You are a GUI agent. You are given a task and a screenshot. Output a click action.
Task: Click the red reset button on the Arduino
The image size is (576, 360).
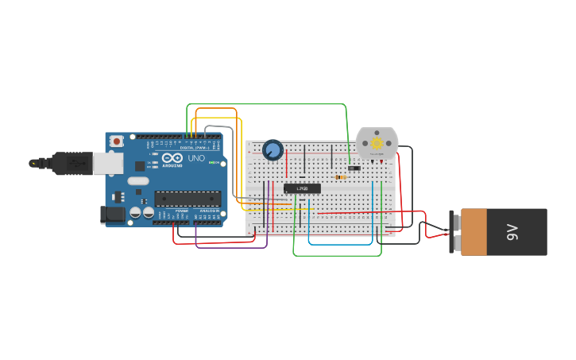(x=117, y=141)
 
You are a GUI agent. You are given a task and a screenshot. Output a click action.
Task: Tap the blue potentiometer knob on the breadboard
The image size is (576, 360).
(x=273, y=149)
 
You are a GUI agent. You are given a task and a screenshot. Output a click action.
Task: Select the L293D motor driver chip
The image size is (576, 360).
(x=303, y=188)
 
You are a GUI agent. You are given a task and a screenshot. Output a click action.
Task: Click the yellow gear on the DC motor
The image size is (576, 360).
(x=377, y=143)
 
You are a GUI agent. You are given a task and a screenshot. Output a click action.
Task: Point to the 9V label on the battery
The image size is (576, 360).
(x=512, y=232)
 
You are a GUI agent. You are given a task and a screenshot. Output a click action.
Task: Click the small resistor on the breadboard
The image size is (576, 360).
(x=341, y=177)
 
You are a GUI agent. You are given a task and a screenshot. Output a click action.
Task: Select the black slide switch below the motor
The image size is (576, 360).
(x=354, y=168)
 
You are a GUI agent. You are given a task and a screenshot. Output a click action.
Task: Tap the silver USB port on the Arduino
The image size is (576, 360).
(x=108, y=163)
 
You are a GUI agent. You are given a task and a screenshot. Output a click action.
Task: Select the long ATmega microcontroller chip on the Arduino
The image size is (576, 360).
(x=187, y=199)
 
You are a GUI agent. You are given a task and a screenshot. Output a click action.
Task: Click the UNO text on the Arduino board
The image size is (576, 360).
(x=195, y=158)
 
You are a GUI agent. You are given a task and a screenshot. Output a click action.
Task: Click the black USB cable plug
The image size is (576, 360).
(x=72, y=162)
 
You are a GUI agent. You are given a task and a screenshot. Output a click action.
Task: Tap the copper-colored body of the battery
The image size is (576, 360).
(x=474, y=232)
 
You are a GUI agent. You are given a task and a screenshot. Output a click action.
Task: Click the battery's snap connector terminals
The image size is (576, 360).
(x=452, y=232)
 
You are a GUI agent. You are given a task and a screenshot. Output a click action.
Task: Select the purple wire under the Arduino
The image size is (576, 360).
(x=230, y=247)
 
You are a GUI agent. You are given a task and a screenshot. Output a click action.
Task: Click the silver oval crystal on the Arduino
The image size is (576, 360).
(x=137, y=181)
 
